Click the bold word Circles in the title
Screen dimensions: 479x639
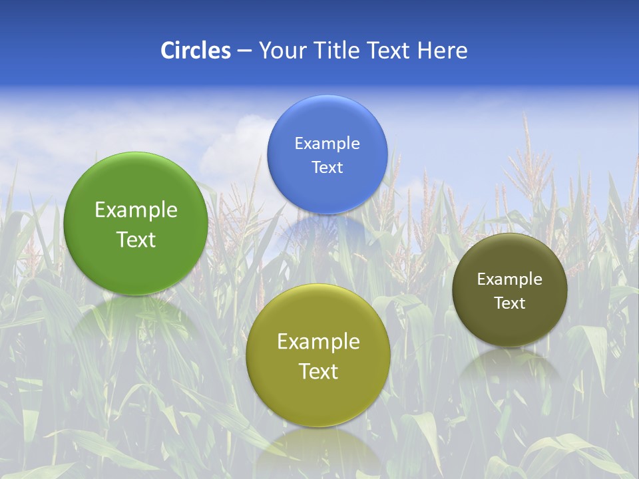[x=195, y=51]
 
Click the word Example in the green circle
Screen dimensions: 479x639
[x=136, y=210]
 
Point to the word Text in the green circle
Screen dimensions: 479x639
[x=136, y=240]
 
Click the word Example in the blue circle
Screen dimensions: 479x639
[x=327, y=144]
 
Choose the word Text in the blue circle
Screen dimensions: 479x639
[x=327, y=168]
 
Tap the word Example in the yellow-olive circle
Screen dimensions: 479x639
[x=318, y=342]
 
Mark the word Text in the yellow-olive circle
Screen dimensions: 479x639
[x=318, y=371]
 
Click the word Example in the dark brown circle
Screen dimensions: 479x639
[x=509, y=279]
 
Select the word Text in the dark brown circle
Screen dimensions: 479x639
[x=509, y=303]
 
